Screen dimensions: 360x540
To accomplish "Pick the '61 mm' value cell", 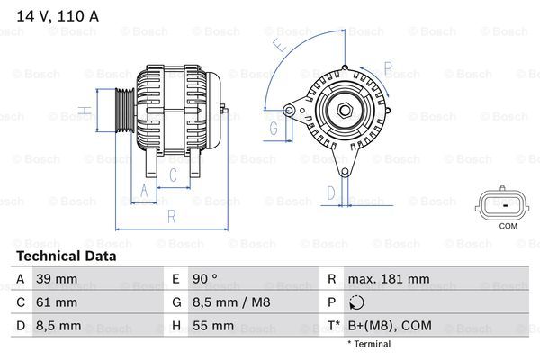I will pos(55,302).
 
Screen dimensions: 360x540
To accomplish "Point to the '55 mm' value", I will pos(213,326).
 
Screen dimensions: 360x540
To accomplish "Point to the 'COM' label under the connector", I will pos(508,225).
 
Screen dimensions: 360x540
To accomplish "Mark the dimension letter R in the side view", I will pos(171,215).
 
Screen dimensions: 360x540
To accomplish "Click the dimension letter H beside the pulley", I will pos(83,112).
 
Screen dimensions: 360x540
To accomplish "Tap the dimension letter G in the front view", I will pos(274,129).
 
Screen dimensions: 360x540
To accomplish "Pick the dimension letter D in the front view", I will pos(331,192).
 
